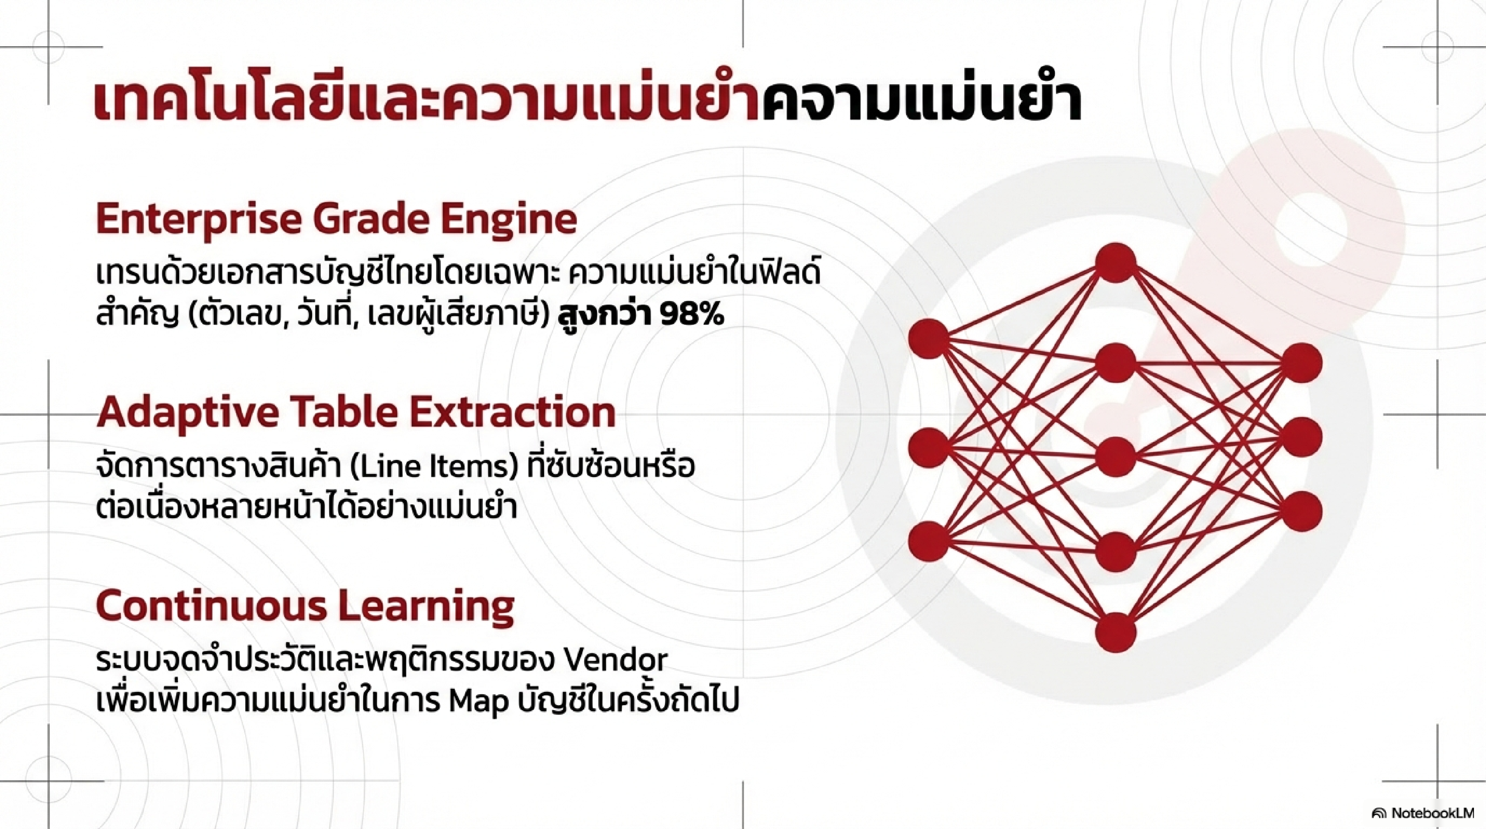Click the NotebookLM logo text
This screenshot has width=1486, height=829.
(1431, 812)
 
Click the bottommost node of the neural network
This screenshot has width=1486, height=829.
(1116, 633)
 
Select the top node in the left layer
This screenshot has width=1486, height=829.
(929, 338)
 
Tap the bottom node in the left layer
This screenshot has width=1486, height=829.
(929, 540)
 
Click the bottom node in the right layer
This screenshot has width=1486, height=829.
(1303, 511)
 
